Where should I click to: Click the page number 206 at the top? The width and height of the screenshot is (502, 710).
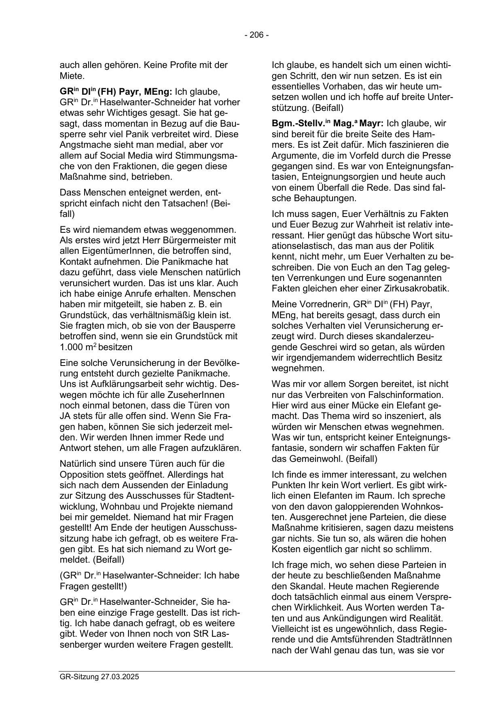pos(256,35)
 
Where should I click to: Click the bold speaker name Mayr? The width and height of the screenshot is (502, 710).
pos(371,123)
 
